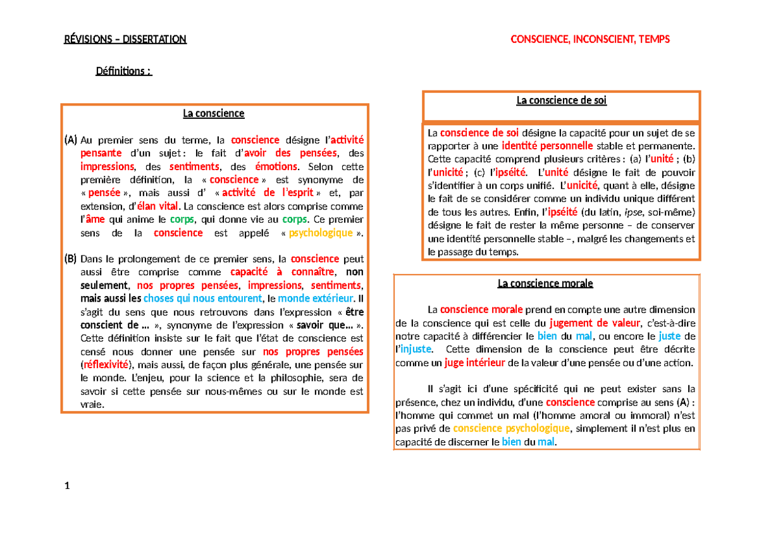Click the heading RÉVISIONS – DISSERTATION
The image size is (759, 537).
click(x=125, y=39)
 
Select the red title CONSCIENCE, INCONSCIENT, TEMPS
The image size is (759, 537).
click(x=589, y=39)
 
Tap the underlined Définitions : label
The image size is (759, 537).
click(x=123, y=71)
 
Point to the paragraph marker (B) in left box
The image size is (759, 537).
click(x=70, y=259)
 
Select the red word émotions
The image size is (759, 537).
click(x=276, y=167)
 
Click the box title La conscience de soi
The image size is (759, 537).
click(x=561, y=101)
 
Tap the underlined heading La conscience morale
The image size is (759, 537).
click(x=545, y=283)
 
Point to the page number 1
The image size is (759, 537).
click(x=67, y=486)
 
